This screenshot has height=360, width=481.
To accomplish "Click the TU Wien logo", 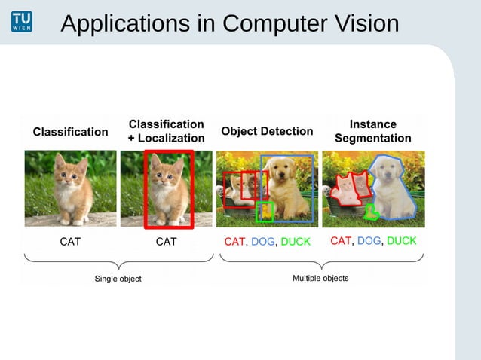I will tap(22, 22).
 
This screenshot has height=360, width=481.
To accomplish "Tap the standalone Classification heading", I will tap(70, 132).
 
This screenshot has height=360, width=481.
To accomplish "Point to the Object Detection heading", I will tap(267, 131).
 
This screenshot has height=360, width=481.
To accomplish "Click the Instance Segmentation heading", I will tap(372, 131).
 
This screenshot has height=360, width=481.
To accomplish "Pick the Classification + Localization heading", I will tap(166, 131).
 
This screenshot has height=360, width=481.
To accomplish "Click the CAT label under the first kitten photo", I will tap(70, 242).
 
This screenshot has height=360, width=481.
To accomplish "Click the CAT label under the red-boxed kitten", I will tap(166, 242).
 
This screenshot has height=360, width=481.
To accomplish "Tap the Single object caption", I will tap(117, 279).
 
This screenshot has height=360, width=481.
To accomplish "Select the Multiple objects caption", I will tap(320, 279).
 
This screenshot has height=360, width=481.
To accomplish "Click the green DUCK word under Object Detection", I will tap(295, 242).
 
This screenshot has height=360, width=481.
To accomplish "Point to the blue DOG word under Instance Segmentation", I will tap(369, 241).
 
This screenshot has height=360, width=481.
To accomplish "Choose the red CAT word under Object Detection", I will tap(234, 242).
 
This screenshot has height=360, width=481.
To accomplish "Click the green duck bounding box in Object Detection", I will tap(264, 212).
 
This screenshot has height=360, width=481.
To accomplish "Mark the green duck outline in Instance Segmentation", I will tap(370, 212).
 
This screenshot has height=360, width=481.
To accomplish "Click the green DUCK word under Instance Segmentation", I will tap(401, 241).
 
